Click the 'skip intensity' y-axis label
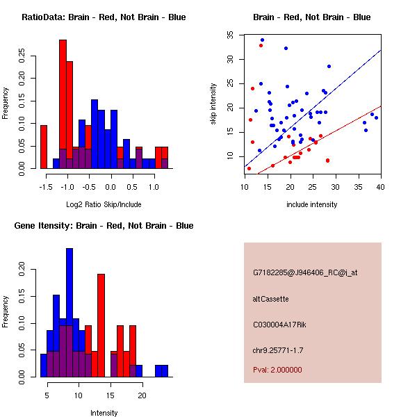(214, 104)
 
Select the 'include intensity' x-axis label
(313, 204)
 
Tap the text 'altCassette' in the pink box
(270, 299)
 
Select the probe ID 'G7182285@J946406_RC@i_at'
(305, 274)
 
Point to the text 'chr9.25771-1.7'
(280, 349)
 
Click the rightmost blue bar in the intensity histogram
(164, 370)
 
